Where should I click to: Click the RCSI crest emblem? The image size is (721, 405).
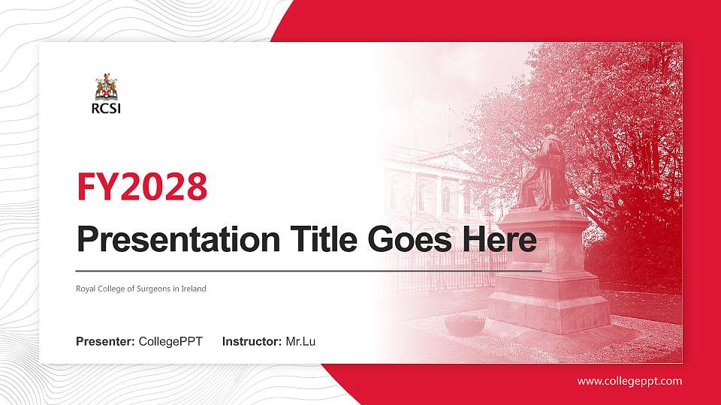[x=107, y=88]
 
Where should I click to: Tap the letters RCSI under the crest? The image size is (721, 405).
[x=106, y=108]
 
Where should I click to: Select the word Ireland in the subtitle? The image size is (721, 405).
[x=192, y=289]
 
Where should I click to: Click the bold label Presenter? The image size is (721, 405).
[x=105, y=342]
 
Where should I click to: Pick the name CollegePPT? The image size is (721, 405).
[x=170, y=342]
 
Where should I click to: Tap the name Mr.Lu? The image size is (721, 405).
[x=300, y=342]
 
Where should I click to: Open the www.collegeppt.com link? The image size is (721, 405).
[x=629, y=381]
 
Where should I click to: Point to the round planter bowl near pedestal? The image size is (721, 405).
[x=464, y=325]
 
